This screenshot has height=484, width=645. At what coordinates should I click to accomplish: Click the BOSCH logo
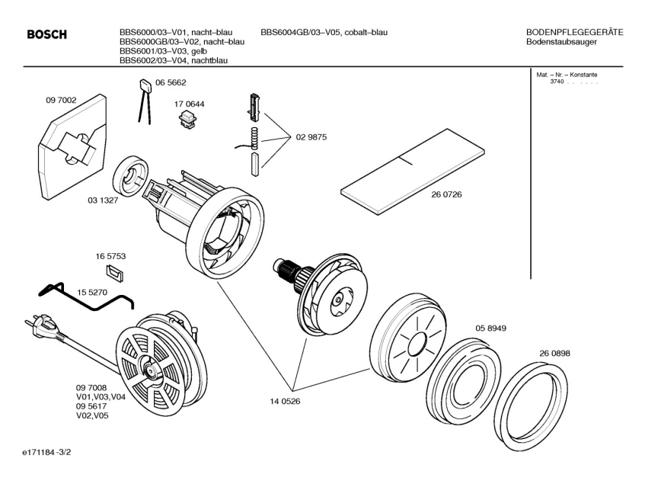pos(46,35)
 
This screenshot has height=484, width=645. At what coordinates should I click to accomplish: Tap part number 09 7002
pos(61,99)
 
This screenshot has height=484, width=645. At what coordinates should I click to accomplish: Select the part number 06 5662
pos(171,82)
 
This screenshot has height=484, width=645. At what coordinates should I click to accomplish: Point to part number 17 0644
pos(190,104)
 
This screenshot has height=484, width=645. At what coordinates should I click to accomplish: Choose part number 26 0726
pos(446,194)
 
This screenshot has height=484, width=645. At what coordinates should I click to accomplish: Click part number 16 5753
pos(110,256)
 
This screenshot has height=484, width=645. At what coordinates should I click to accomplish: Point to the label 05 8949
pos(491,328)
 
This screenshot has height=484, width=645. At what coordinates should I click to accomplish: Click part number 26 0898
pos(554,354)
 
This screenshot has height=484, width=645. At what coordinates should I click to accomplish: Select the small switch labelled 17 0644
pos(187,120)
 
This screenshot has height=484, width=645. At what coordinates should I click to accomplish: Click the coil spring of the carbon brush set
pos(255,139)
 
